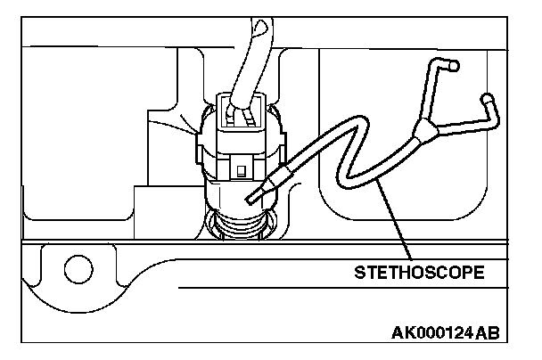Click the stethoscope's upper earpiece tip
455,65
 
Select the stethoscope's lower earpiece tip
487,98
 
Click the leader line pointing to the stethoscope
397,223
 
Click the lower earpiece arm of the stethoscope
468,120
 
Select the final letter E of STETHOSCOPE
480,272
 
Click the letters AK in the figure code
402,333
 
